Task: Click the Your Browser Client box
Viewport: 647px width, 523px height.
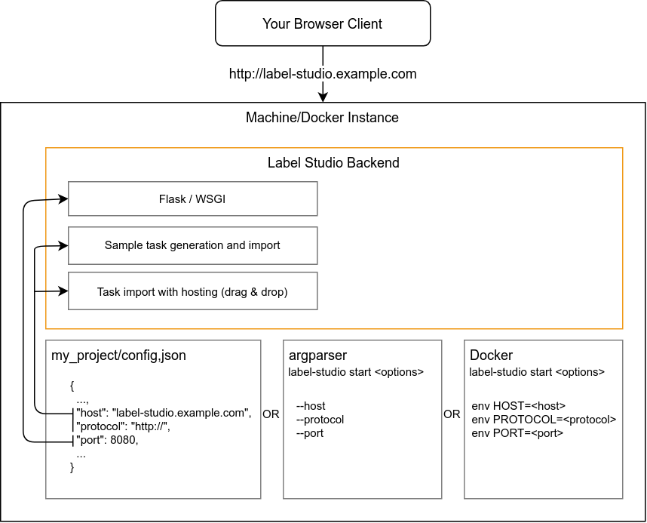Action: coord(323,23)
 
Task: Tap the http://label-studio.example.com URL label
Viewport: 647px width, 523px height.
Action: coord(323,73)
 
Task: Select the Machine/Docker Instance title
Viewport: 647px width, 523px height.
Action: coord(322,117)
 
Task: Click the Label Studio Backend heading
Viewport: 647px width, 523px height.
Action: coord(333,162)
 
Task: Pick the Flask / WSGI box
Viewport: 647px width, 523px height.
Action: coord(193,198)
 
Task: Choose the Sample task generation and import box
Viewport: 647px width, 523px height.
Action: coord(193,245)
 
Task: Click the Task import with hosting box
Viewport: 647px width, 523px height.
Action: coord(193,291)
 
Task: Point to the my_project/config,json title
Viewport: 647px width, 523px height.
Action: coord(118,355)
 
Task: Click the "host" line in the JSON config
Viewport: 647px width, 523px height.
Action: coord(164,413)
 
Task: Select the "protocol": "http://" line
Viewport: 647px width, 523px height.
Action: coord(123,426)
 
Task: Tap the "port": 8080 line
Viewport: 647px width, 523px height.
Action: coord(107,440)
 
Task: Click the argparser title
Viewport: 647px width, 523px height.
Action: coord(317,355)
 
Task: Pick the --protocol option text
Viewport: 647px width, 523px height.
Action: coord(320,420)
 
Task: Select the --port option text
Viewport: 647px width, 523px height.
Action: coord(309,433)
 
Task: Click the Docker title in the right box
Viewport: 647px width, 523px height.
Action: coord(491,355)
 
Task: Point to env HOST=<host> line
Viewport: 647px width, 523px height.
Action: coord(518,406)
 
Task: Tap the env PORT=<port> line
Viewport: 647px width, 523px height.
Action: coord(517,433)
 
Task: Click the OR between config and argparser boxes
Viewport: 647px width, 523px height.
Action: coord(271,414)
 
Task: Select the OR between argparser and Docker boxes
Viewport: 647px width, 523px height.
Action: coord(452,414)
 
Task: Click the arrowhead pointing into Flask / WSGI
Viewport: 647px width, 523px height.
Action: coord(64,199)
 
